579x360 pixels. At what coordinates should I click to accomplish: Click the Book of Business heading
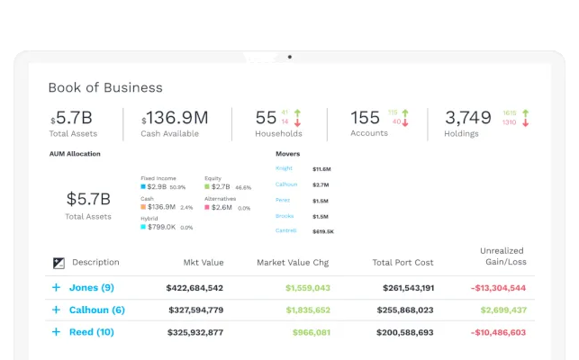coord(105,87)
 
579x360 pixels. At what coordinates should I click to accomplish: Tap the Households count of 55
coord(266,118)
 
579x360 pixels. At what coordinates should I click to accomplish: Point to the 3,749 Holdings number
coord(468,118)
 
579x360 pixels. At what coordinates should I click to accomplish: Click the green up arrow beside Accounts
coord(405,112)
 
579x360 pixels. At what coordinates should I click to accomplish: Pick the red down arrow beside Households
coord(297,122)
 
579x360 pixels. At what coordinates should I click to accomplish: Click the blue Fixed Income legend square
coord(143,187)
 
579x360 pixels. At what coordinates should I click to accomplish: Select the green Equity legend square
coord(207,187)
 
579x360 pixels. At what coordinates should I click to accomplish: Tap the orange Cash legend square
coord(143,207)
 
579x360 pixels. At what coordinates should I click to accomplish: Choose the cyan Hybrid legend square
coord(143,227)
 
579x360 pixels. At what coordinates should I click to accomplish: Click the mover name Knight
coord(284,168)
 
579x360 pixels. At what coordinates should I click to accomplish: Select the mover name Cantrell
coord(286,231)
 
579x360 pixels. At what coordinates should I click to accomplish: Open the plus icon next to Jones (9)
coord(56,288)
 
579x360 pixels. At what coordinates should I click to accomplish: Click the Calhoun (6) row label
coord(96,310)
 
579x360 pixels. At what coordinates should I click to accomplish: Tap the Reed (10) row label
coord(92,331)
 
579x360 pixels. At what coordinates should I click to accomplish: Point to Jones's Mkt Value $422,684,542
coord(195,288)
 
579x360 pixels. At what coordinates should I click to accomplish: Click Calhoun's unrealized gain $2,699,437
coord(502,310)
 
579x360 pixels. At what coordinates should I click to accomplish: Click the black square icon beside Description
coord(59,263)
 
